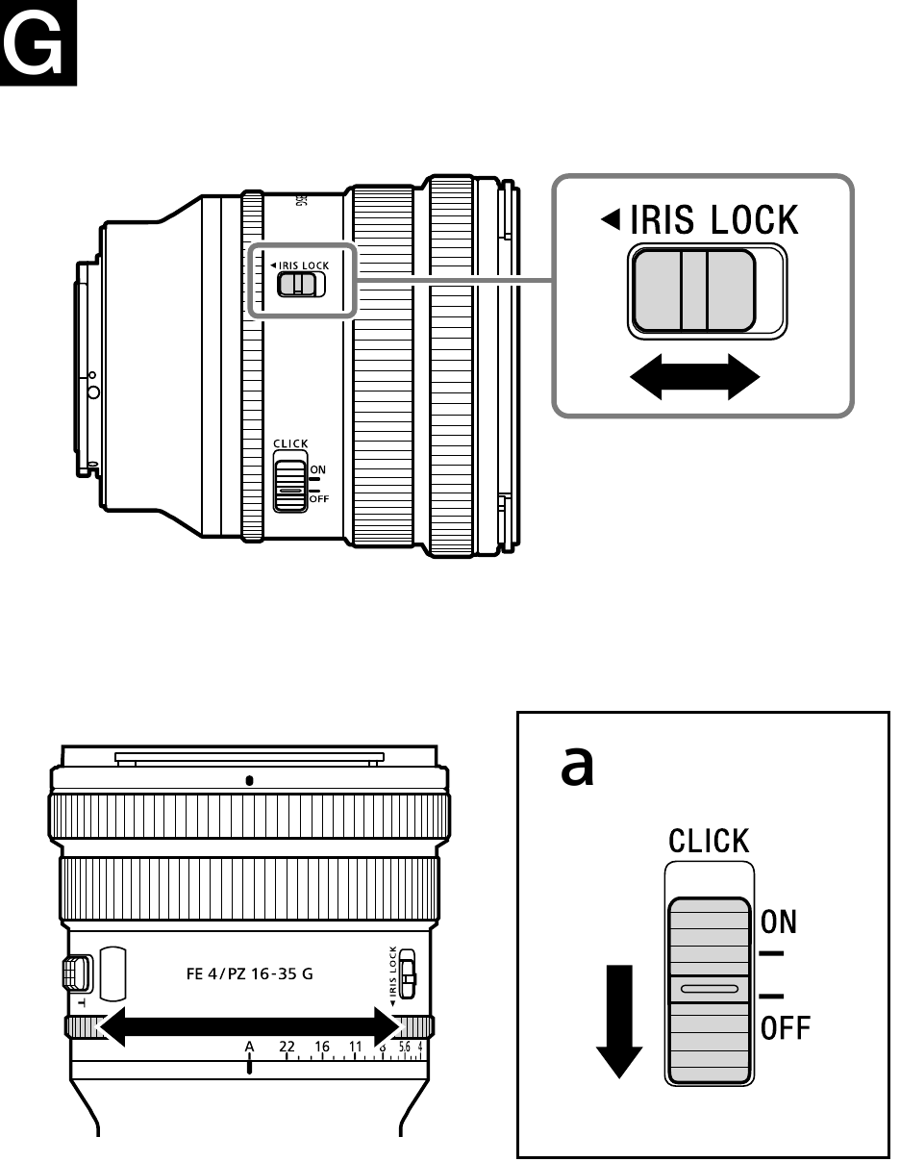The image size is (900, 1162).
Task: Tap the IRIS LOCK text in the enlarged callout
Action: point(712,220)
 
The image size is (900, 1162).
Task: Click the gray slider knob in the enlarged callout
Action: point(693,290)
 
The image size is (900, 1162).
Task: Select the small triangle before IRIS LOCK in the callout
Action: point(610,221)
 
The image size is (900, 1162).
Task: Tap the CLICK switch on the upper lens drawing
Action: point(289,486)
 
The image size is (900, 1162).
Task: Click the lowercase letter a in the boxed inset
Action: point(578,768)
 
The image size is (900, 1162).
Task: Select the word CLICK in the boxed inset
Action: point(710,842)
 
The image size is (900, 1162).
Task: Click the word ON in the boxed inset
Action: point(778,922)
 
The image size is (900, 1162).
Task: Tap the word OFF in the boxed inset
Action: point(786,1029)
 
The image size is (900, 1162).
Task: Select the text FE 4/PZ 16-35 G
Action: point(249,973)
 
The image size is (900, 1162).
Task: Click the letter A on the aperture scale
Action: point(249,1046)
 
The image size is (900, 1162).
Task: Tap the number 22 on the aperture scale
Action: point(287,1046)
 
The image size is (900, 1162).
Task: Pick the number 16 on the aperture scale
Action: point(322,1046)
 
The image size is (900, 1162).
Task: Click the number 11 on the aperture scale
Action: point(356,1046)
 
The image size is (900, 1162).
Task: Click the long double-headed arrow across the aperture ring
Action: point(249,1025)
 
